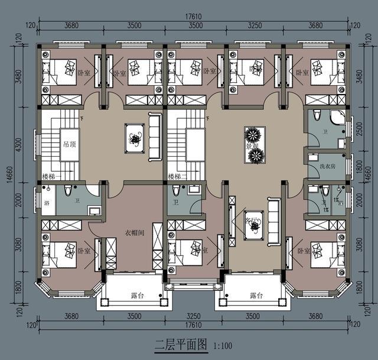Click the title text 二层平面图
pos(180,345)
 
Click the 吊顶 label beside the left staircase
pos(70,144)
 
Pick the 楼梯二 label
pos(178,177)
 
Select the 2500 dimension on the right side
pos(361,129)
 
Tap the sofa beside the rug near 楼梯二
pos(155,137)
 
